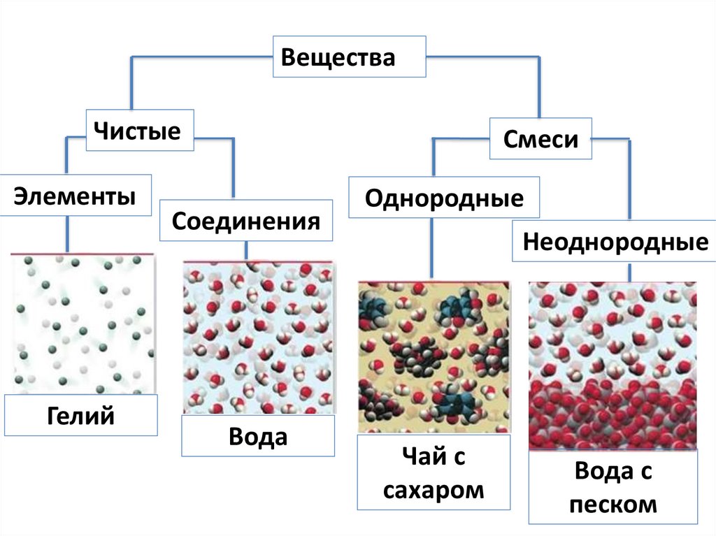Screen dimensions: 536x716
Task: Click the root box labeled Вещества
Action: pyautogui.click(x=349, y=57)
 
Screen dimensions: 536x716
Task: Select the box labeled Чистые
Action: pyautogui.click(x=140, y=130)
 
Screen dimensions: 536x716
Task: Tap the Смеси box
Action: pyautogui.click(x=540, y=139)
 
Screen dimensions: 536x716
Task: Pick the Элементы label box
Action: pyautogui.click(x=76, y=195)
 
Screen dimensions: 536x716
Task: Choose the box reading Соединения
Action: pyautogui.click(x=246, y=222)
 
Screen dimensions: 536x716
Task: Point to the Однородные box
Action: pyautogui.click(x=444, y=198)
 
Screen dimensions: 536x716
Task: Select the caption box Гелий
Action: pyautogui.click(x=80, y=416)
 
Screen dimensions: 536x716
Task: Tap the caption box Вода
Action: pyautogui.click(x=258, y=436)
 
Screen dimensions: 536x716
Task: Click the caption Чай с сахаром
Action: pyautogui.click(x=434, y=472)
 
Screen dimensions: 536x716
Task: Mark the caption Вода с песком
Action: pyautogui.click(x=613, y=487)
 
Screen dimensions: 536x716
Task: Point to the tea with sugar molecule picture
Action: pyautogui.click(x=434, y=356)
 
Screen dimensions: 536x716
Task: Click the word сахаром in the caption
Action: pyautogui.click(x=434, y=489)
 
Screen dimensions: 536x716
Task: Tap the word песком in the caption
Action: pyautogui.click(x=613, y=504)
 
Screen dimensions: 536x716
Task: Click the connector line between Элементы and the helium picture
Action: pyautogui.click(x=67, y=234)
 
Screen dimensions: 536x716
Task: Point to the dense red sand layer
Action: pyautogui.click(x=612, y=416)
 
